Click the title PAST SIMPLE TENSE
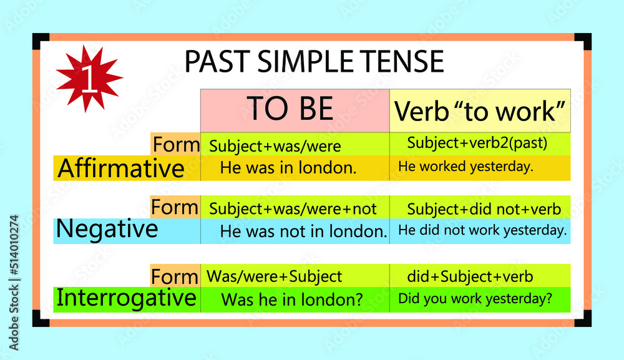point(314,62)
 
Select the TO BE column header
point(290,109)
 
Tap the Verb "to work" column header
point(480,111)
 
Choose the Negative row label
point(107,230)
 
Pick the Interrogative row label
point(127,298)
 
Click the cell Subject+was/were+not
point(293,208)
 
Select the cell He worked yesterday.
point(466,167)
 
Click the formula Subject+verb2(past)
point(477,143)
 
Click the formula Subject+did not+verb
point(484,208)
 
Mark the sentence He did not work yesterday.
point(482,230)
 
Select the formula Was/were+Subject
point(274,276)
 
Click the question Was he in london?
point(292,299)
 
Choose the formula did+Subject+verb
point(470,276)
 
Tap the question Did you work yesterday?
point(475,299)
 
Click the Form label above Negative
point(175,207)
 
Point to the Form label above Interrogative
point(175,276)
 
